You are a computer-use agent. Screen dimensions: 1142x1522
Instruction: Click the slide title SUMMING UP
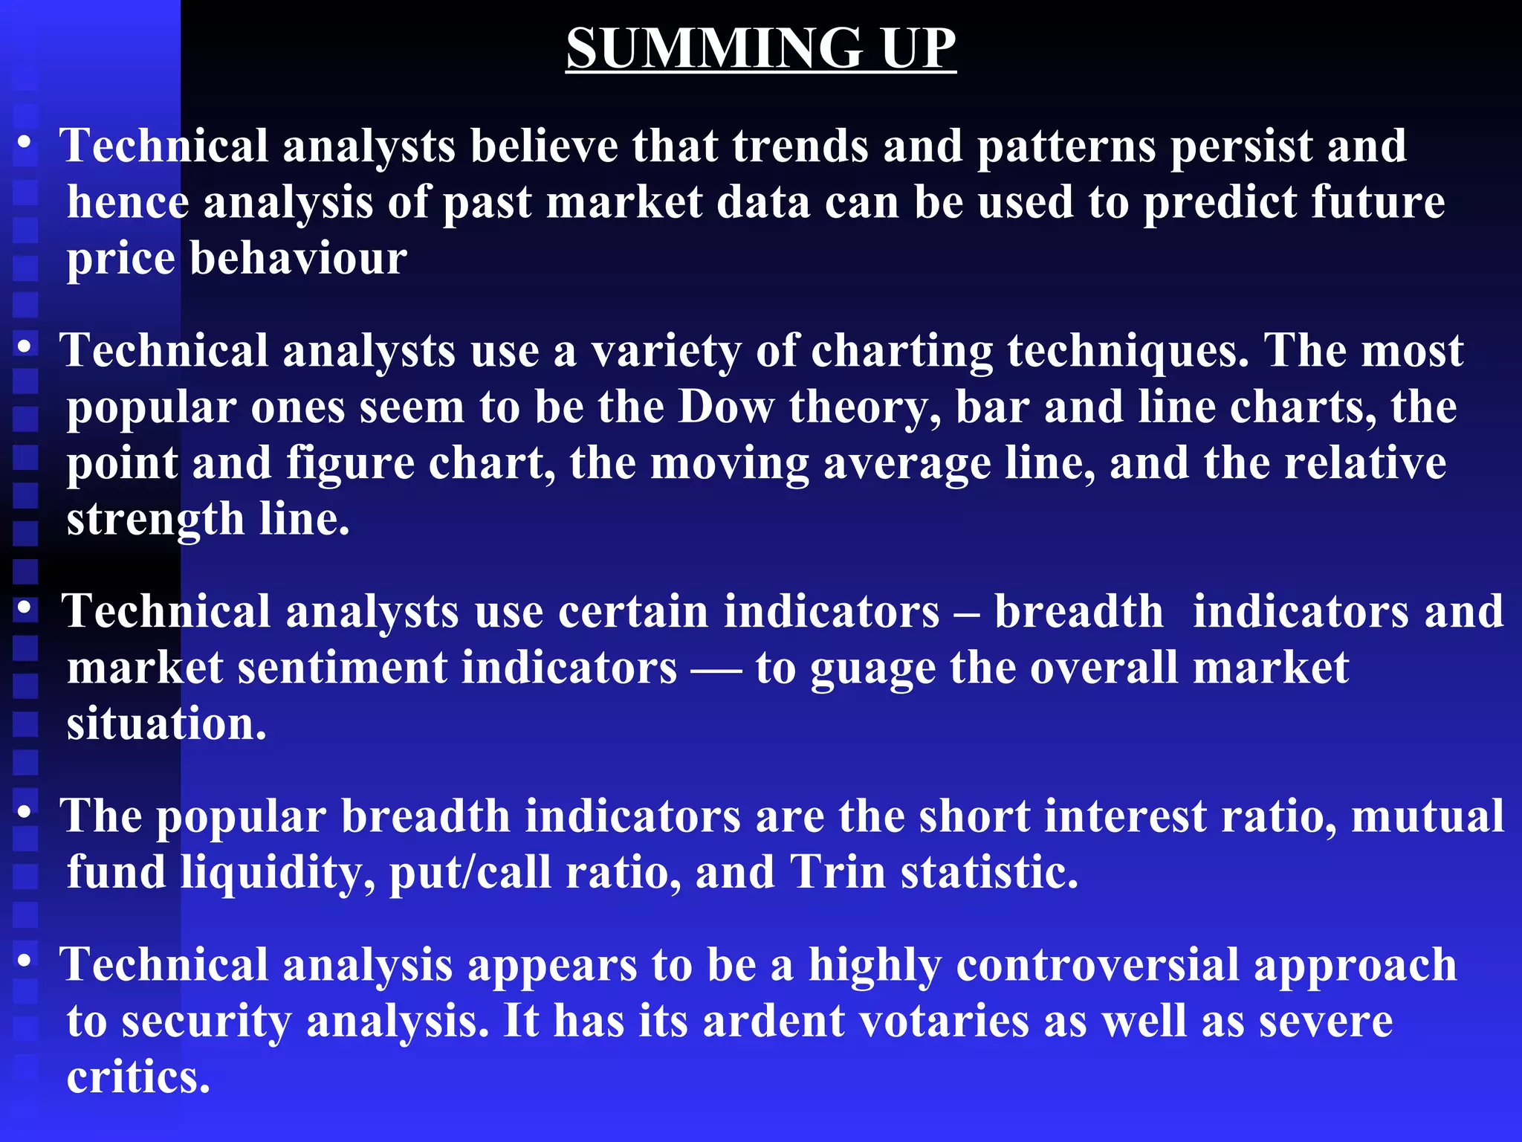point(761,49)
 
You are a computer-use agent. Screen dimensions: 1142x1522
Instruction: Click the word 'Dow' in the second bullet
point(725,407)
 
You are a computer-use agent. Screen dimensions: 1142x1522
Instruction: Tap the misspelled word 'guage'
point(872,668)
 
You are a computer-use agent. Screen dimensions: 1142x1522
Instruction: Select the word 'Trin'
point(838,872)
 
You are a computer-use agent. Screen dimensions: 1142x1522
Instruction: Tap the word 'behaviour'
point(298,259)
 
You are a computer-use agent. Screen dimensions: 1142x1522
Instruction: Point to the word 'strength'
point(155,519)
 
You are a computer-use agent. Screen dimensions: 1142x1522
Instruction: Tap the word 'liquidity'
point(276,872)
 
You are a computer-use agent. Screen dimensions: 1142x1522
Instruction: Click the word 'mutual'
point(1427,816)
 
